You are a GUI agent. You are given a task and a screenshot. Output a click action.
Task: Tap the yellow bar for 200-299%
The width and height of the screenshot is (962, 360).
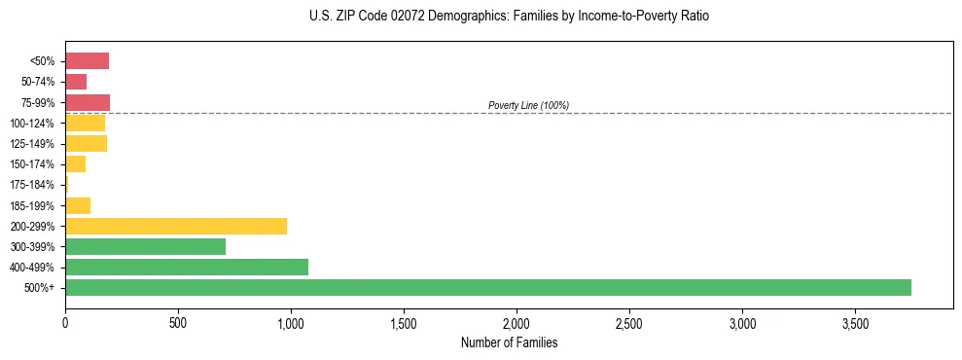[176, 226]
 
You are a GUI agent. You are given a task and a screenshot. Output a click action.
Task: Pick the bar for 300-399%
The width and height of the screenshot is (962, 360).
[145, 246]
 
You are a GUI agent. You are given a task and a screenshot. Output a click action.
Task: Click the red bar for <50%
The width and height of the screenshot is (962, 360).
[87, 61]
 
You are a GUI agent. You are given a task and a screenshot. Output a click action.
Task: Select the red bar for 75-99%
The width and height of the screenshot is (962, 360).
[88, 102]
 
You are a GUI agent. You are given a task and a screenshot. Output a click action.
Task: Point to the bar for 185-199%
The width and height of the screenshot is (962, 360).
[78, 205]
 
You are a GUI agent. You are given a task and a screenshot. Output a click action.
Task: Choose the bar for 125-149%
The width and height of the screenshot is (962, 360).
[86, 144]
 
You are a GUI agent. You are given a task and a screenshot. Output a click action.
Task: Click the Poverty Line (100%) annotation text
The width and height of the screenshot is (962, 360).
[528, 105]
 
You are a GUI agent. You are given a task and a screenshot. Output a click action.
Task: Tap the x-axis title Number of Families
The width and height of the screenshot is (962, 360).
[509, 342]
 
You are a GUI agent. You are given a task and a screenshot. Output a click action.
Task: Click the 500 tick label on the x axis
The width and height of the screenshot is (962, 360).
[178, 321]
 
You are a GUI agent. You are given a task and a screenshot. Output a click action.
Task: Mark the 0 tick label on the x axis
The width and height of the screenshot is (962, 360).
[65, 321]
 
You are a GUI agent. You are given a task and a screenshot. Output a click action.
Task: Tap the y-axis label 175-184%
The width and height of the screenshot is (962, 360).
[32, 185]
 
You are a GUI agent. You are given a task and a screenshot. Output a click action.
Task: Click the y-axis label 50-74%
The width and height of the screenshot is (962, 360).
[37, 82]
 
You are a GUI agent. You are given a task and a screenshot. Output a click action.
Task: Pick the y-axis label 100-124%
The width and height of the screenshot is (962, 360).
[32, 124]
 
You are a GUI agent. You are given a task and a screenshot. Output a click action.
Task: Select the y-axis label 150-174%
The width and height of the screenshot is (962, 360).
[32, 164]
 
